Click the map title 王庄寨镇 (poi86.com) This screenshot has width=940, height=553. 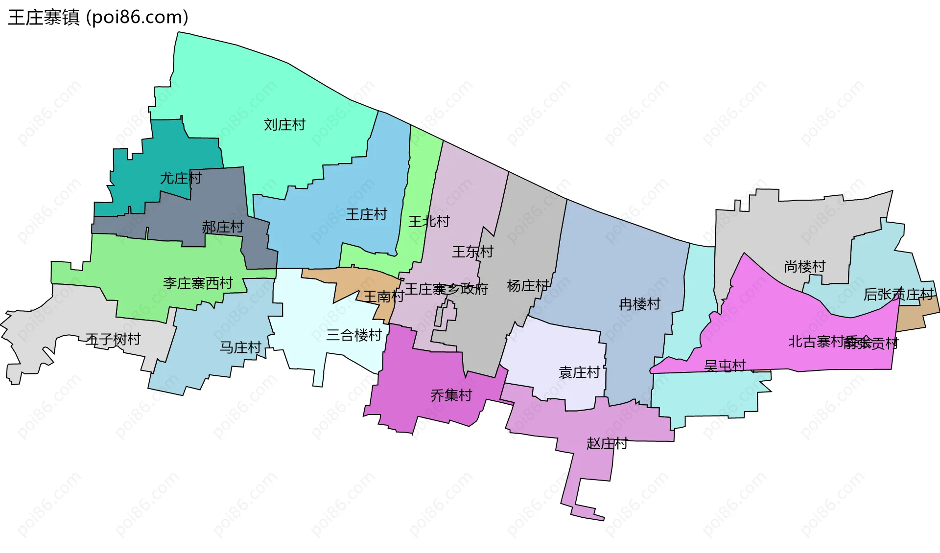pos(98,18)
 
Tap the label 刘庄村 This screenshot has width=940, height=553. pos(284,125)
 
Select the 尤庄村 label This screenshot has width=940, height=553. pos(181,178)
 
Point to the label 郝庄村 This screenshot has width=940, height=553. pos(223,227)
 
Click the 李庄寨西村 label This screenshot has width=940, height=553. pos(198,283)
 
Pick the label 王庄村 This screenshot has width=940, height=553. pos(366,214)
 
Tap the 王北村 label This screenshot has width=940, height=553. pos(429,222)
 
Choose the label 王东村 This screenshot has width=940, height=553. pos(472,252)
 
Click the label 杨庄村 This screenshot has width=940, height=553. pos(528,286)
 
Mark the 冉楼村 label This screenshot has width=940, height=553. pos(639,304)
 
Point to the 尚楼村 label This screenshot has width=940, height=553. pos(804,267)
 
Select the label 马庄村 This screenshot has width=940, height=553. pos(240,347)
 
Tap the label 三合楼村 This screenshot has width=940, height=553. pos(354,335)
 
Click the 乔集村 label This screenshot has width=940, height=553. pos(451,395)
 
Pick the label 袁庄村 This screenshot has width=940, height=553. pos(579,373)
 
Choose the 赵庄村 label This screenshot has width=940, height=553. pos(607,444)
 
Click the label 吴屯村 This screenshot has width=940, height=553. pos(725,366)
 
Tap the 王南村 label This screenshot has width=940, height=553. pos(383,296)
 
